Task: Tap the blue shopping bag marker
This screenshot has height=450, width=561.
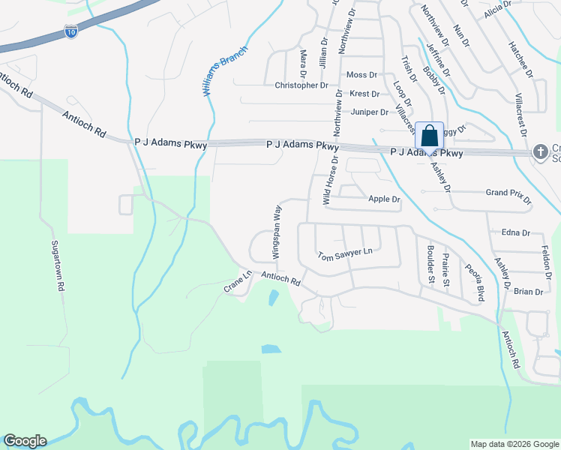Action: pos(429,136)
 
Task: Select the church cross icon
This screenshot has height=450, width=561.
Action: pos(540,152)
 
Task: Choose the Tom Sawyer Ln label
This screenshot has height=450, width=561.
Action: pos(345,254)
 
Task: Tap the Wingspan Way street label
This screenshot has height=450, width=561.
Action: pos(277,232)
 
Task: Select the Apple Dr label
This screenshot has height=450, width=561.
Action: pos(385,199)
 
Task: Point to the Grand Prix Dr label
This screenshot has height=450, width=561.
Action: pos(508,197)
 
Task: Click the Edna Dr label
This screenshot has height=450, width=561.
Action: pos(516,233)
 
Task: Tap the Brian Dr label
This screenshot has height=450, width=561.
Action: pos(528,292)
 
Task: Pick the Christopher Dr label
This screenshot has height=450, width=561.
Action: pos(301,85)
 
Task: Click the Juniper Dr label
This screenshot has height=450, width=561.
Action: pos(367,112)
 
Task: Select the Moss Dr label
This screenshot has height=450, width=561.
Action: pos(361,75)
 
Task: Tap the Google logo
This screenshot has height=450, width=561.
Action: pos(25,441)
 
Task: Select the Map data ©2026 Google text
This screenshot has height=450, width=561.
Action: pos(514,444)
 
